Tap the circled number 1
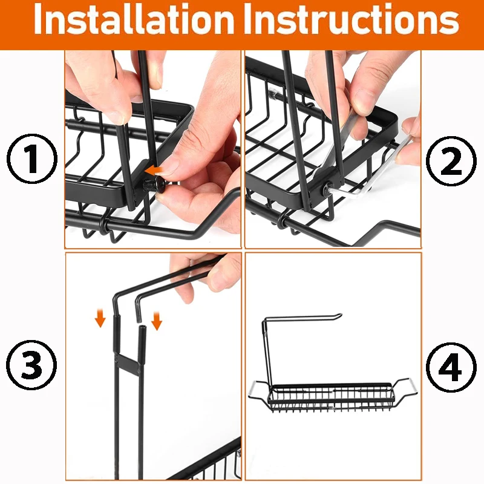tap(32, 159)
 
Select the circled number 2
tap(451, 161)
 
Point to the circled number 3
tap(31, 364)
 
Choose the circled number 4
tap(451, 367)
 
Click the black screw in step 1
tap(155, 185)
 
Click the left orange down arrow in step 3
tap(100, 319)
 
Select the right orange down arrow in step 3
tap(157, 321)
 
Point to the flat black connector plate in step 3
tap(128, 364)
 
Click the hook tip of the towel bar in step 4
tap(339, 316)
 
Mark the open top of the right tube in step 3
tap(142, 326)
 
